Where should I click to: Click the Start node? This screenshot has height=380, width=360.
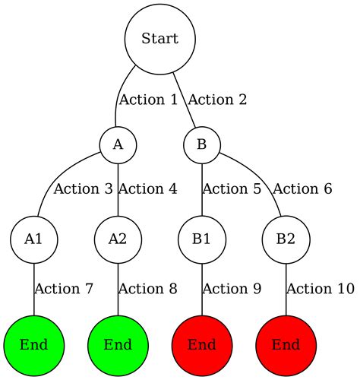[x=160, y=39]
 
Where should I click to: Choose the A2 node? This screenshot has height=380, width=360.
[x=118, y=239]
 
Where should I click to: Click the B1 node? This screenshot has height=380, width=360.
[x=202, y=239]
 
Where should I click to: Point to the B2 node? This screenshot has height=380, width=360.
[x=286, y=239]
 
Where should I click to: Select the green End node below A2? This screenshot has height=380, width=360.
[x=118, y=344]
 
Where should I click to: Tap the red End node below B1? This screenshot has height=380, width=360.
[x=202, y=344]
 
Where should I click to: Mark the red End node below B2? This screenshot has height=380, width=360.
[x=286, y=344]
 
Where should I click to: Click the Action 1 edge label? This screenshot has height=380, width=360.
[x=149, y=100]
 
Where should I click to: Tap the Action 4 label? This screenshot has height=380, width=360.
[x=149, y=188]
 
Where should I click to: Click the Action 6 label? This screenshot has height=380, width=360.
[x=302, y=188]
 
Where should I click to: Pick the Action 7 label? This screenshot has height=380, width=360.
[x=65, y=289]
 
